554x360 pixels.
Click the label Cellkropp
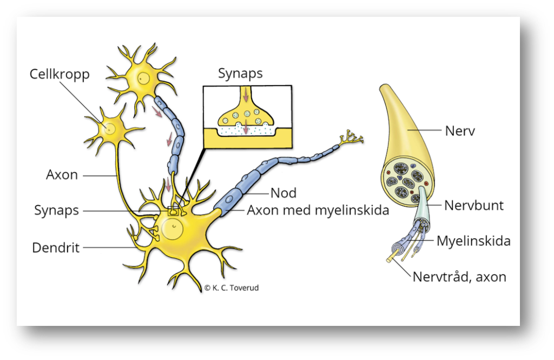pos(59,74)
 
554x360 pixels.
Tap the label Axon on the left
pos(62,175)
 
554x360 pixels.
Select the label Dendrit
pos(56,248)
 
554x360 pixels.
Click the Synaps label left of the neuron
pos(56,210)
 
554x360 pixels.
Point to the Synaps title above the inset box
pos(240,74)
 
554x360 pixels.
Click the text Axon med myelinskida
pos(318,210)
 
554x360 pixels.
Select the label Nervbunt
pos(474,206)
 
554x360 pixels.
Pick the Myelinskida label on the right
pos(473,240)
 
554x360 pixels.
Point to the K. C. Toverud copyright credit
pos(232,288)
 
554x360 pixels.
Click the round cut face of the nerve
pos(407,182)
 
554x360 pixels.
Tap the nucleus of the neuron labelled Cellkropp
pos(110,129)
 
